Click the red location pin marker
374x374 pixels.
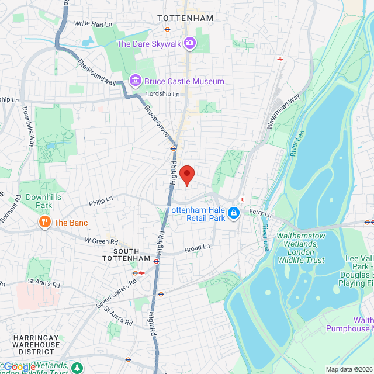pos(186,174)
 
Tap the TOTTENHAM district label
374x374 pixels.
pos(185,19)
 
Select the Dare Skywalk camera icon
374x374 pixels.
pos(190,43)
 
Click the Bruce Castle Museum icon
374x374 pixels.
pos(135,81)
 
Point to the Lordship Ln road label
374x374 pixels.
pos(162,94)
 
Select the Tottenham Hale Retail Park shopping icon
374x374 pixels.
pos(234,213)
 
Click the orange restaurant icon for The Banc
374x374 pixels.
pos(44,222)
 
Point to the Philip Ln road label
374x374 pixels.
pos(101,202)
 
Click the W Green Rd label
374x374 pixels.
pos(101,241)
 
